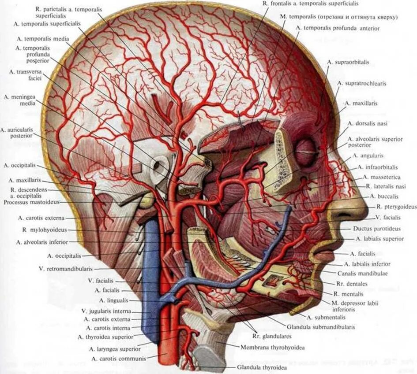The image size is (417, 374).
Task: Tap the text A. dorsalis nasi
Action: click(x=367, y=123)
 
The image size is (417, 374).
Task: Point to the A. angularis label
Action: click(x=368, y=156)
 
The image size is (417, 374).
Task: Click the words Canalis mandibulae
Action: click(x=368, y=274)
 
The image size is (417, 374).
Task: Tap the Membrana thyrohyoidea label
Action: click(x=272, y=348)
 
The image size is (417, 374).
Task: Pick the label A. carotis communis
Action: click(x=118, y=359)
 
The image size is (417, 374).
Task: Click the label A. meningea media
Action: click(x=18, y=100)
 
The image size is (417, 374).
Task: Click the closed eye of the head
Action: click(x=304, y=152)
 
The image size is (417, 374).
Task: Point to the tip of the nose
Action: click(x=366, y=211)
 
